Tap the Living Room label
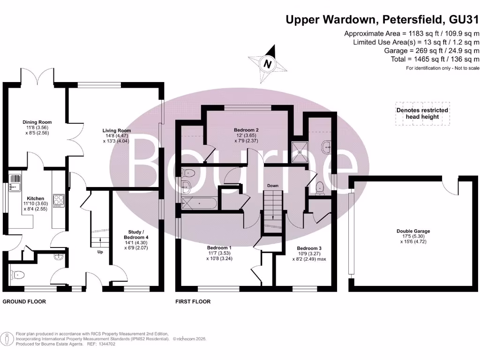click(x=117, y=131)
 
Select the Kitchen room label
click(x=35, y=198)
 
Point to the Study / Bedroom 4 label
click(x=139, y=232)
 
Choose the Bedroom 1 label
click(x=219, y=248)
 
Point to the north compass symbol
click(x=268, y=64)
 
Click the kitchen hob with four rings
click(x=59, y=201)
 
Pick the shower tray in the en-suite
click(x=300, y=150)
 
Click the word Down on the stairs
click(x=273, y=186)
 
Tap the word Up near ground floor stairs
click(x=100, y=252)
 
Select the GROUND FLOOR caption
click(x=24, y=301)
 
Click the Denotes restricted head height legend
click(x=422, y=113)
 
